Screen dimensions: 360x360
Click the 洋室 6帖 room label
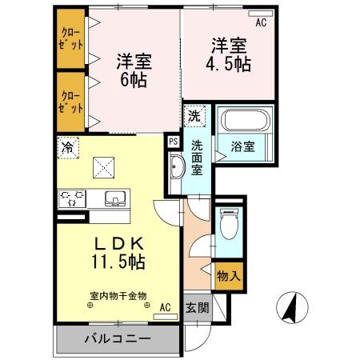click(x=134, y=70)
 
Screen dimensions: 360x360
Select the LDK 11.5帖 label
click(x=120, y=251)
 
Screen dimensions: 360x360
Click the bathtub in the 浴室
click(x=246, y=122)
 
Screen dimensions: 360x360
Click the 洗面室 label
click(x=198, y=156)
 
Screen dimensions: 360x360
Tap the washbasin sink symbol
click(x=177, y=166)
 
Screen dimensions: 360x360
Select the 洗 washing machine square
click(x=194, y=116)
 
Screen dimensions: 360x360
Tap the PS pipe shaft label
click(x=173, y=141)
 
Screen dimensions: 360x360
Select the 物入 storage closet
click(x=228, y=276)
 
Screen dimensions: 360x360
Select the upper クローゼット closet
click(x=70, y=39)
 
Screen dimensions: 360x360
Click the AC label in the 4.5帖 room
click(x=261, y=22)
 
